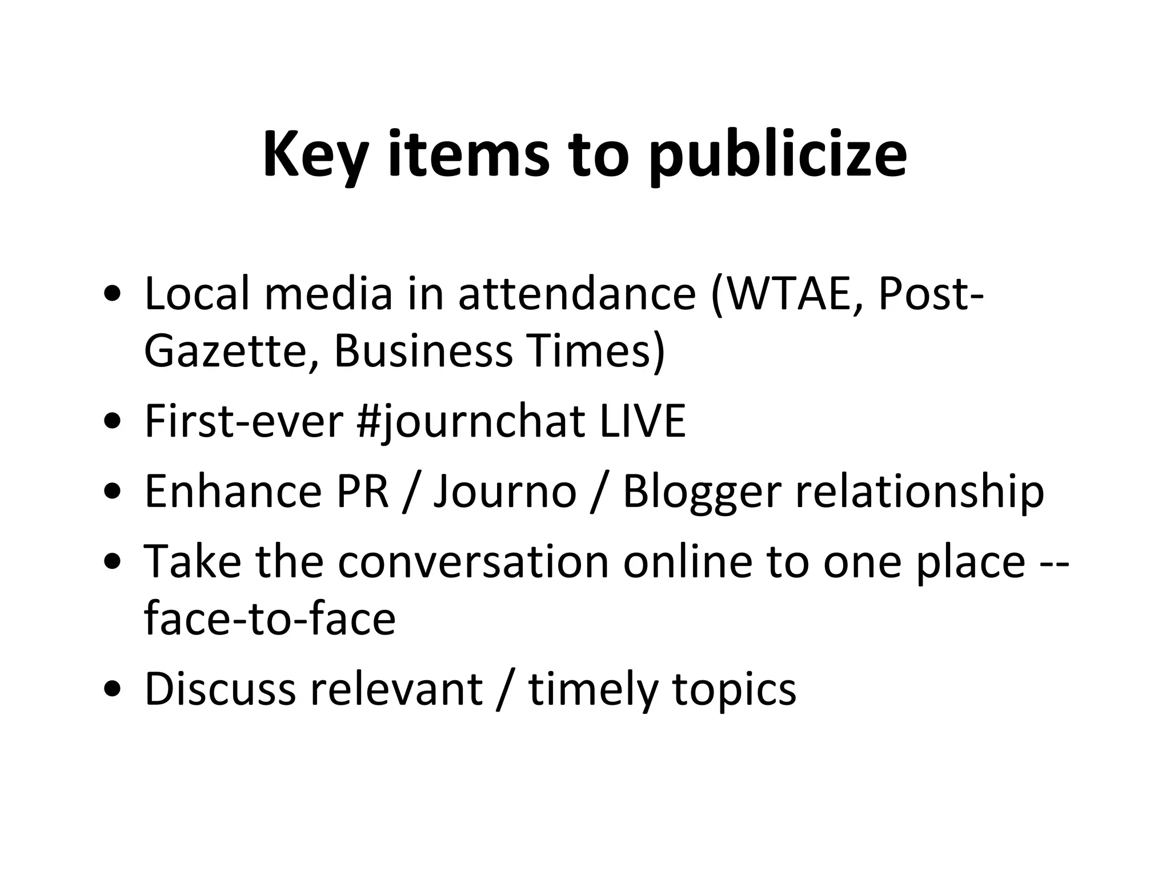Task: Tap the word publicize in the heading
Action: pos(778,155)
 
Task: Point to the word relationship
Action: pos(920,492)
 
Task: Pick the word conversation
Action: pos(473,562)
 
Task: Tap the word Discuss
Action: pos(220,689)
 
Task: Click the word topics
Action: pos(734,689)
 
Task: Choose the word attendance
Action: pos(577,295)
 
